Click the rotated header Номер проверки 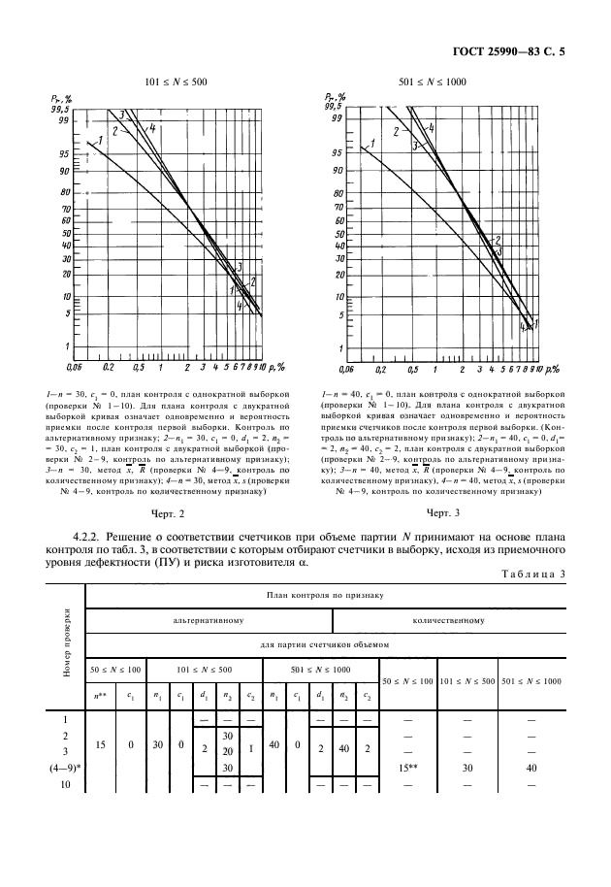(65, 643)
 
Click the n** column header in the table (99, 695)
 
